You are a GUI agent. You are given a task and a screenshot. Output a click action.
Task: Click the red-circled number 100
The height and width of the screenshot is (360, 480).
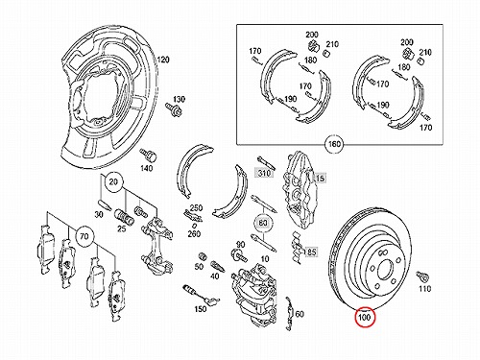365,317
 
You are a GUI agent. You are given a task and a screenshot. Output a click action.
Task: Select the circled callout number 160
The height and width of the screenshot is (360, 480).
334,144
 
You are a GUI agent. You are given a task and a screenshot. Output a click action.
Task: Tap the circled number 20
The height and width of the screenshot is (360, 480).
113,182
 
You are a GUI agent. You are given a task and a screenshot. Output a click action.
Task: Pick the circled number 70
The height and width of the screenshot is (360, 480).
84,236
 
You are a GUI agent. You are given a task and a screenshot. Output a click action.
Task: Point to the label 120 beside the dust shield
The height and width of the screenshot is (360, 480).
163,60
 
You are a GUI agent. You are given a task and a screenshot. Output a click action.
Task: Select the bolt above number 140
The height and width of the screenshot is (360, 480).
148,156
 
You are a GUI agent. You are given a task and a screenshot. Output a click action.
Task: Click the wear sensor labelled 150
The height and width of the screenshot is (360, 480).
201,295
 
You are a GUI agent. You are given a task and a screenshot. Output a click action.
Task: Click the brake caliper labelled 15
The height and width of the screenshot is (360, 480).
299,189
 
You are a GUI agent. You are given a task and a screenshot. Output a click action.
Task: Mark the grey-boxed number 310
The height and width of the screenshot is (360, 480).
264,173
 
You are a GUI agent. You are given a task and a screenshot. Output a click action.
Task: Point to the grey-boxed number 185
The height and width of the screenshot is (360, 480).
310,252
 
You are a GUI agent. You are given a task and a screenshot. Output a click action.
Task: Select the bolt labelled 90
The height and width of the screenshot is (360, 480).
239,255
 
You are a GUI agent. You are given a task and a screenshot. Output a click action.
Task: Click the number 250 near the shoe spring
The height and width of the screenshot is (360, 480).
196,208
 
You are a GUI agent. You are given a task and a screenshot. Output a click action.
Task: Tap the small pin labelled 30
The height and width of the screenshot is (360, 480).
104,204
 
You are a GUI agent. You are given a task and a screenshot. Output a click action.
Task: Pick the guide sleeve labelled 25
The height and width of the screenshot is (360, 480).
125,216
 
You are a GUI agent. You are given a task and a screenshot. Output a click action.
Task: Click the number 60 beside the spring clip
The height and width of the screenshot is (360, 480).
300,314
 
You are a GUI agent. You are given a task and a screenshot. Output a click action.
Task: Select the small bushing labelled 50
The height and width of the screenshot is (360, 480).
202,256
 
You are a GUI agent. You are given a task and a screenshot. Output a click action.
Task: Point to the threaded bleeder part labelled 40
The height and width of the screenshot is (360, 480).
217,266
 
